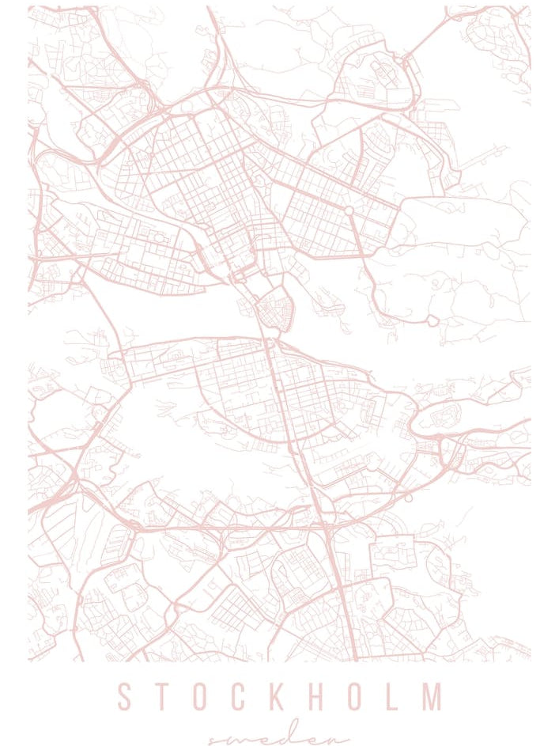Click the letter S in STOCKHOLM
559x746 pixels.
(124, 696)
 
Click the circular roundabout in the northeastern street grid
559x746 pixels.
(349, 210)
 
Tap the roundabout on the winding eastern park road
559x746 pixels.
(432, 320)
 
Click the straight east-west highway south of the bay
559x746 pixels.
(229, 525)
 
